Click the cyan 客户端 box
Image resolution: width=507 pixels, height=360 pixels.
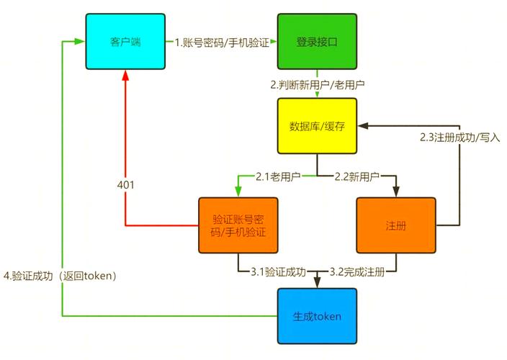click(x=126, y=41)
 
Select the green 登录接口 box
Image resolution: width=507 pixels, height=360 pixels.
click(x=317, y=41)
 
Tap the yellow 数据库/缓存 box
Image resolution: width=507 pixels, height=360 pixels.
click(x=317, y=126)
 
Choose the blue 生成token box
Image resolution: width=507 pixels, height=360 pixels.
click(x=317, y=315)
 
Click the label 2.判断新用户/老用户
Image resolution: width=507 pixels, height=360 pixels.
click(x=317, y=84)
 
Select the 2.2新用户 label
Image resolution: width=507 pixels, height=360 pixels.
click(x=357, y=176)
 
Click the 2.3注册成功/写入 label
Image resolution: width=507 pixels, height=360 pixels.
click(x=459, y=137)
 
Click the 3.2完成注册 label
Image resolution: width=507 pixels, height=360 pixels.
click(x=357, y=272)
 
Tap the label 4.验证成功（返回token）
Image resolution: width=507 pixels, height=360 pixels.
click(x=60, y=275)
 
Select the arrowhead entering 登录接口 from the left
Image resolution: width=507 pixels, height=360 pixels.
click(x=274, y=42)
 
